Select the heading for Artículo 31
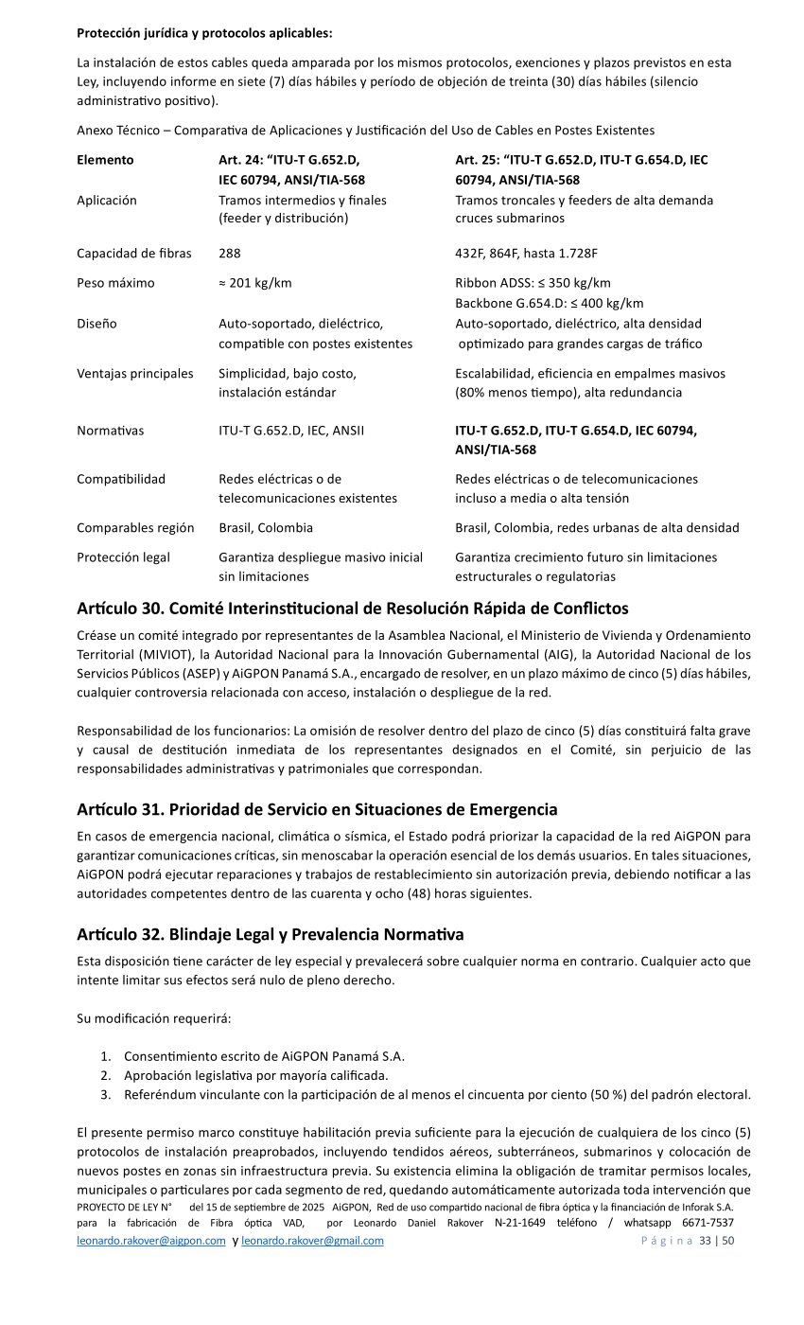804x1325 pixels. [316, 809]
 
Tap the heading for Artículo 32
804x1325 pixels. [270, 934]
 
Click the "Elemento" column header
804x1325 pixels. [105, 160]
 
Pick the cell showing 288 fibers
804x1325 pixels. [230, 253]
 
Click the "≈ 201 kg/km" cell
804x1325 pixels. [255, 283]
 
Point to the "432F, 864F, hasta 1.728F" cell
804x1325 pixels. [526, 253]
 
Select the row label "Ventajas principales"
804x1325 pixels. [134, 374]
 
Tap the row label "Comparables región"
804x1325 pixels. [135, 527]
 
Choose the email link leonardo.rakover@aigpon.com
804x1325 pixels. [150, 1241]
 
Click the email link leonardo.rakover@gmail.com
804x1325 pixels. [312, 1241]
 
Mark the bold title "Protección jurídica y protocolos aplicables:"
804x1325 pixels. [204, 33]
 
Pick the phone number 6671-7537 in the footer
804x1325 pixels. [708, 1223]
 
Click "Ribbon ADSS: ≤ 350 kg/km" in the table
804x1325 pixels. [533, 283]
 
